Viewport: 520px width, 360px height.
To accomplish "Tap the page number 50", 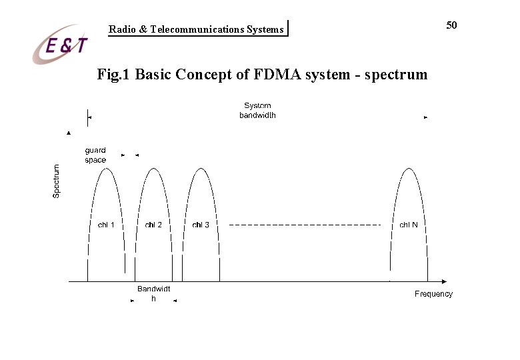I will pos(451,25).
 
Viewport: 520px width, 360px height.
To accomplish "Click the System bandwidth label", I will pos(257,111).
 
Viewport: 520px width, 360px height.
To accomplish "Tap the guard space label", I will pos(95,155).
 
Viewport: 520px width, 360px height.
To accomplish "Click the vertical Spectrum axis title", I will pos(57,181).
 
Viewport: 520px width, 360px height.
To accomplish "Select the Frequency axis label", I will pos(433,294).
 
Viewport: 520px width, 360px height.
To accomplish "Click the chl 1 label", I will pos(106,225).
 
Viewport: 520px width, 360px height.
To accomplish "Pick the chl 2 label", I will pos(153,225).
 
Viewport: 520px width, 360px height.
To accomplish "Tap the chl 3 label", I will pos(201,225).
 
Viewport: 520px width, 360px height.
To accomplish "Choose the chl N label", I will pos(409,225).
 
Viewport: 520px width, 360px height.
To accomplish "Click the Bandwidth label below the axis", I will pos(153,293).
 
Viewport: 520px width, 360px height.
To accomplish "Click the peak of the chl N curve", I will pos(409,167).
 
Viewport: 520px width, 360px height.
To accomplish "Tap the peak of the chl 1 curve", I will pos(106,167).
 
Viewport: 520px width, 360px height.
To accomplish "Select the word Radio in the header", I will pos(121,29).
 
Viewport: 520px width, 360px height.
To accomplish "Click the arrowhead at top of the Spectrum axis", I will pos(69,133).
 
